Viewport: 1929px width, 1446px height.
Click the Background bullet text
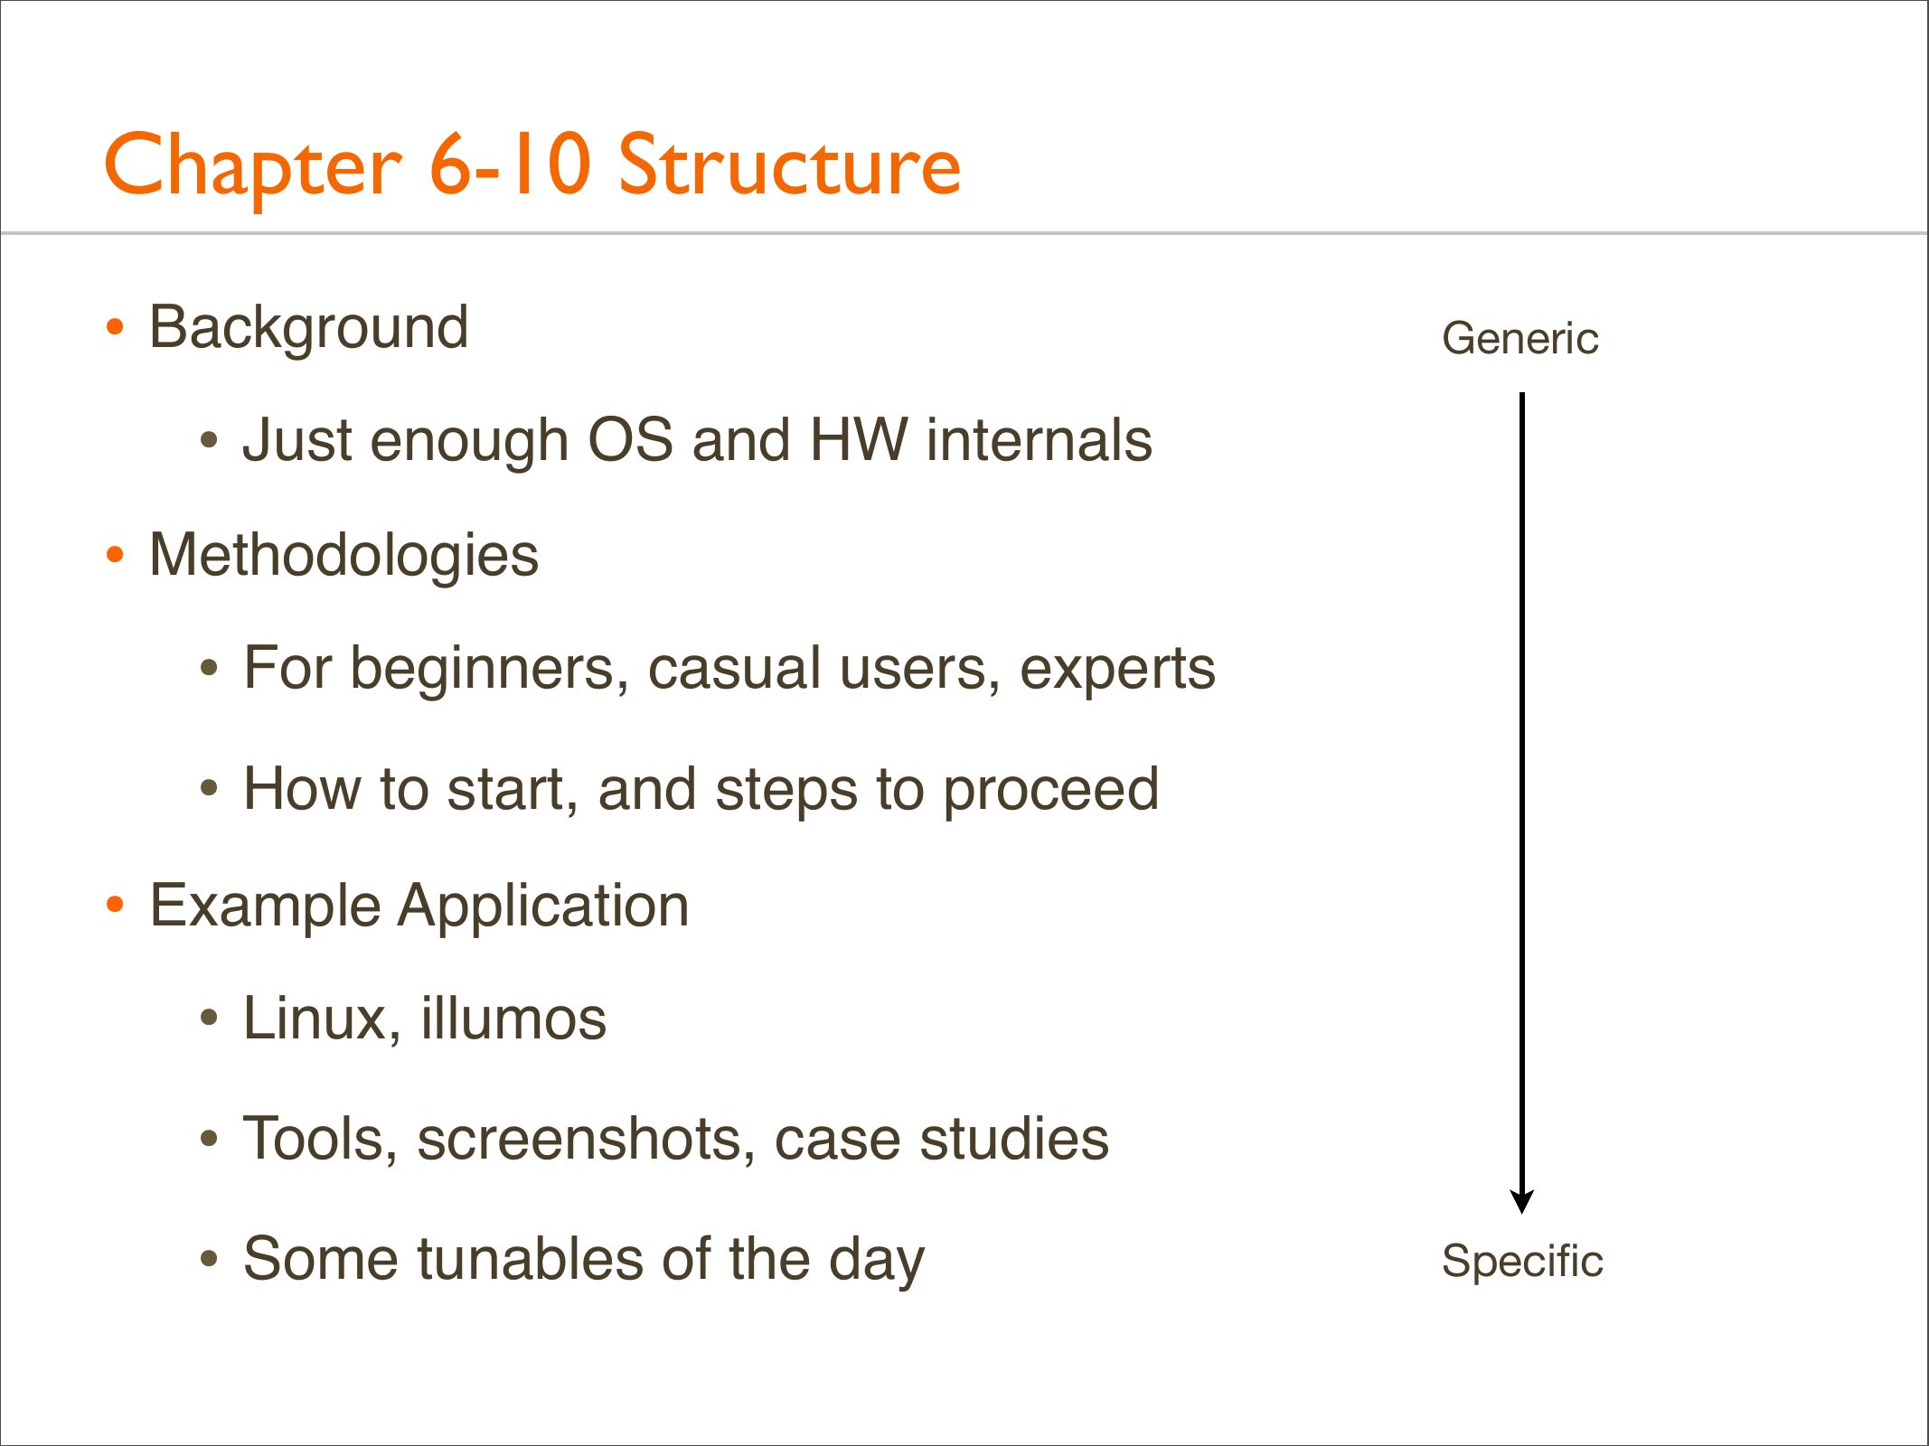(309, 327)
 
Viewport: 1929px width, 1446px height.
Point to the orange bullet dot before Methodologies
(115, 554)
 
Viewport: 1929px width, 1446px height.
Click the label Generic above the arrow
(1520, 339)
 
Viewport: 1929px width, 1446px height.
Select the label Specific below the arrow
(1522, 1261)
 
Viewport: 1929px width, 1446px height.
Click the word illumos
(513, 1019)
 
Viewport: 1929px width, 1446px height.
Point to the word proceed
(1051, 792)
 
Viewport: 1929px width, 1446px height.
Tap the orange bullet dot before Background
(115, 326)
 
